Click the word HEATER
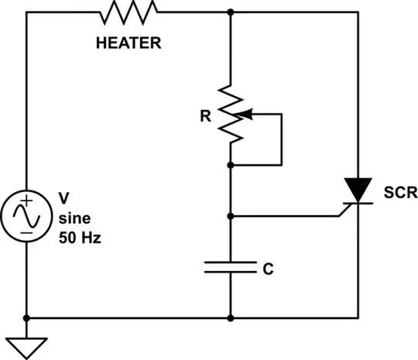click(x=128, y=43)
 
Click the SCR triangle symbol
click(x=357, y=189)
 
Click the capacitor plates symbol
click(x=231, y=267)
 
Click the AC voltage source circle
click(x=27, y=216)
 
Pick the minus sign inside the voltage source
click(x=27, y=230)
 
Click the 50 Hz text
click(x=80, y=238)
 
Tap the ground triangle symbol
click(x=27, y=346)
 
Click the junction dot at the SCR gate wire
click(x=231, y=216)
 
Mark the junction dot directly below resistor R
click(x=231, y=165)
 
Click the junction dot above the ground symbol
click(x=27, y=318)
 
